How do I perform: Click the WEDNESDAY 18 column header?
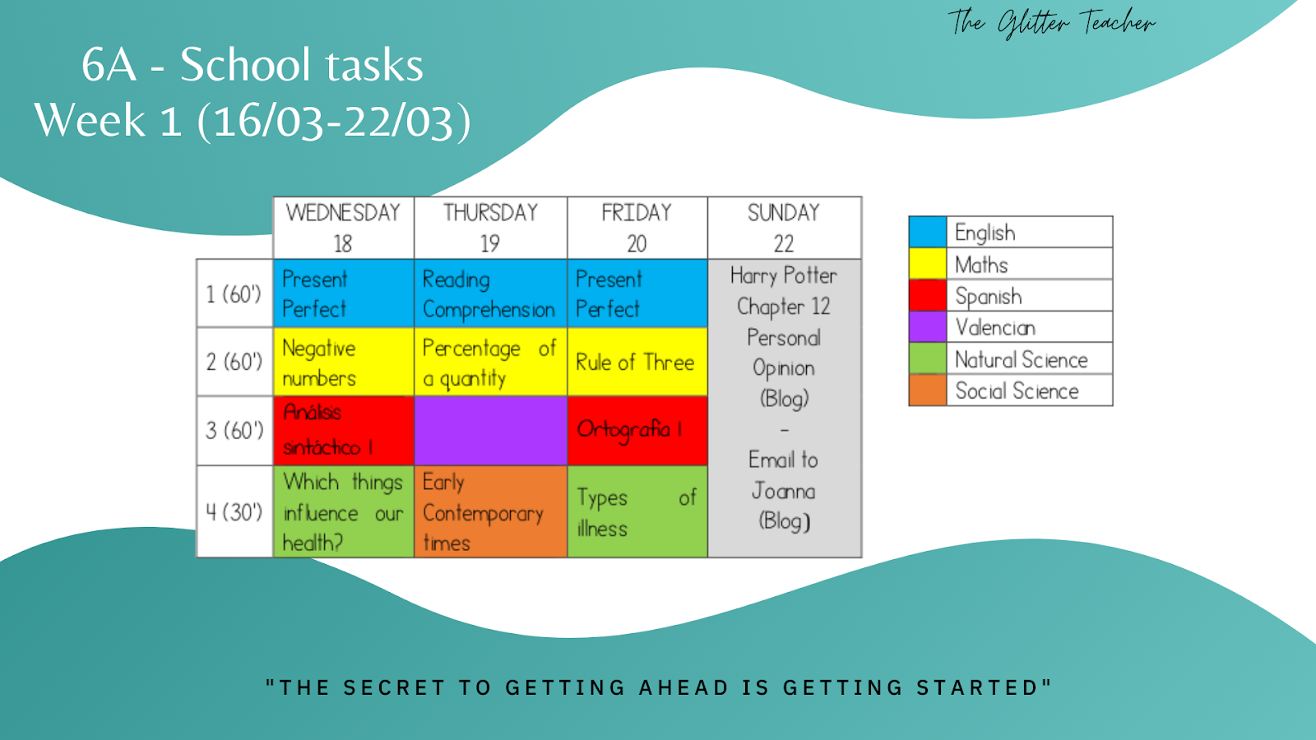343,228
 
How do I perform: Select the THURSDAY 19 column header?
490,228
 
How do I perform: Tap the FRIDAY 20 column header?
637,228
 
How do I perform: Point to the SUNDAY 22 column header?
784,228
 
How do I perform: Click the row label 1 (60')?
234,294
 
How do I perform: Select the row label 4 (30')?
234,511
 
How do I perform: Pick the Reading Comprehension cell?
490,294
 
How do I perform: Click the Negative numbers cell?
343,362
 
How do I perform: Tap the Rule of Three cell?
637,362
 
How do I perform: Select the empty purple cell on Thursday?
490,430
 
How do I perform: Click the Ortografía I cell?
637,430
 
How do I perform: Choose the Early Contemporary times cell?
490,511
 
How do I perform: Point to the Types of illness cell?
637,511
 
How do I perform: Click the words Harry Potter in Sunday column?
784,275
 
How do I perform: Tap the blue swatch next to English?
928,232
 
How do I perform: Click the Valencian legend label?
995,327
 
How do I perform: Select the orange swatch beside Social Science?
928,391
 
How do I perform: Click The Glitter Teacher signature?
1051,22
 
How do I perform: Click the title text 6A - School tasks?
253,65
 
